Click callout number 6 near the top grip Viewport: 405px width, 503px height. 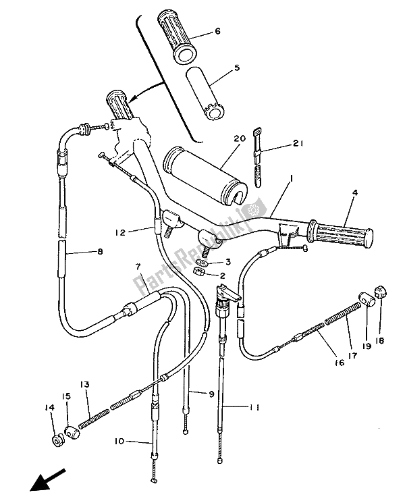[x=217, y=31]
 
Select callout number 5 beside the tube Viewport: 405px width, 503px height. [x=217, y=68]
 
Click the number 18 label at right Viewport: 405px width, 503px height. [x=379, y=342]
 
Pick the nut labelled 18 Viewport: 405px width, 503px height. [x=380, y=313]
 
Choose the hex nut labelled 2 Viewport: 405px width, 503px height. [x=199, y=272]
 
